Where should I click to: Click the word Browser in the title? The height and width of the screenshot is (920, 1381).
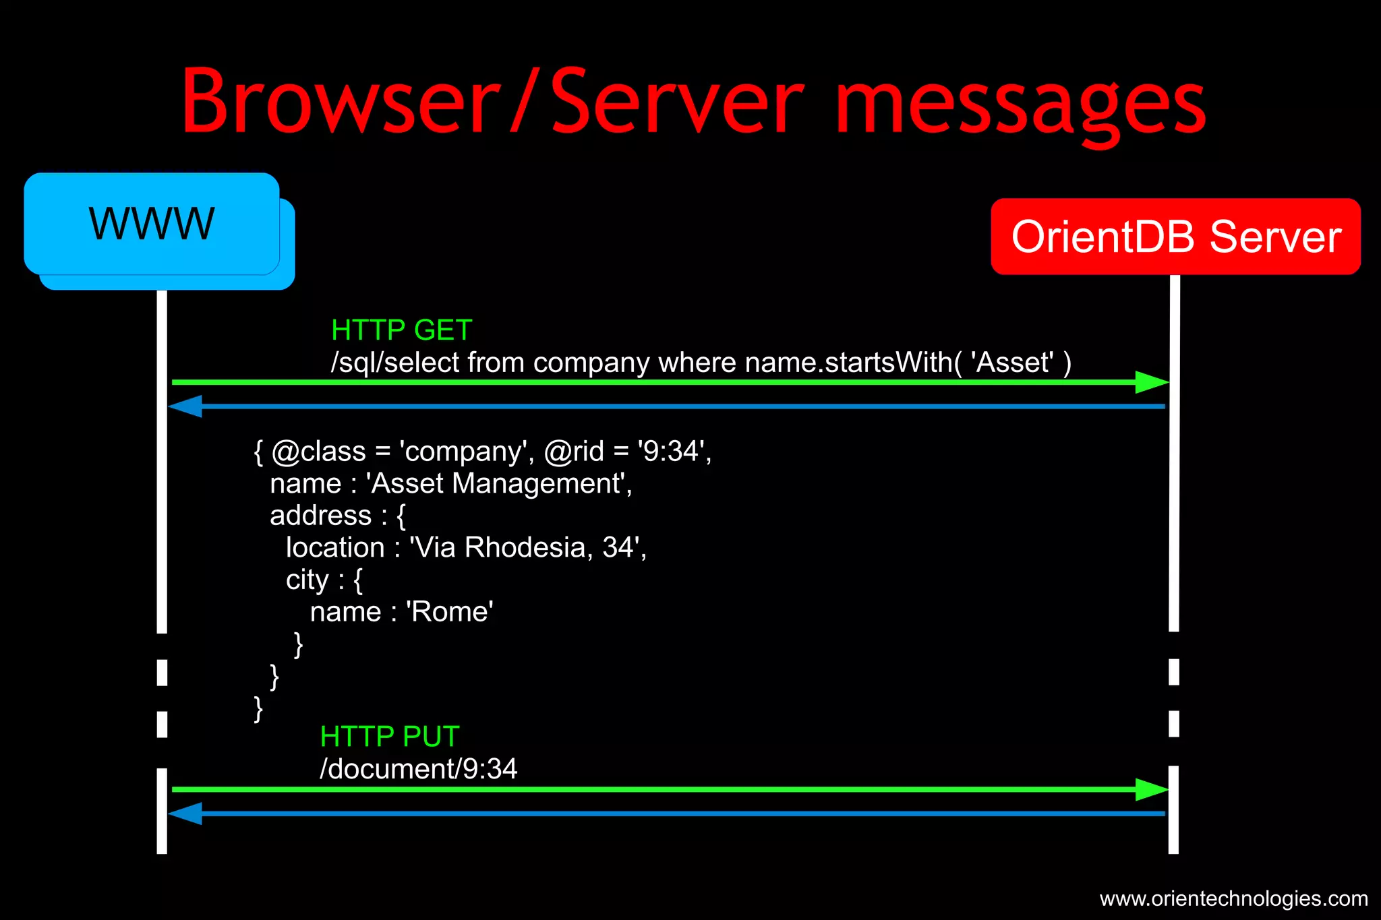341,101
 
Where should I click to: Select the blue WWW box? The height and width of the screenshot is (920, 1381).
152,224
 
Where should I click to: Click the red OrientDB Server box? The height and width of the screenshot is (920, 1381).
1175,237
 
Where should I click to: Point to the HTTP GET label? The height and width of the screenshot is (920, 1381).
401,330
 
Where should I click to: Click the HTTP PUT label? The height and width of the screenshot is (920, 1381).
390,737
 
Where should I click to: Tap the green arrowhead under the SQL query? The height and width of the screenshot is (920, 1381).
1152,382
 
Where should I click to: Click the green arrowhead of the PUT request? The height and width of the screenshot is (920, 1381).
1152,789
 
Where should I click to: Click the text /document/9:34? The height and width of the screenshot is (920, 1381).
418,769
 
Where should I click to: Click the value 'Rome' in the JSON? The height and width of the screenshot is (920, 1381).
450,612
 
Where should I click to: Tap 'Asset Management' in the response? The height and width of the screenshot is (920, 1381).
498,484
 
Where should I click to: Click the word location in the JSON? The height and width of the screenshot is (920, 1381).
334,548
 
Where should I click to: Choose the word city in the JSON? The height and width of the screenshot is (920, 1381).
307,580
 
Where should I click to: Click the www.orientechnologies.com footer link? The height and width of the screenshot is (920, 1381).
1233,898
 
